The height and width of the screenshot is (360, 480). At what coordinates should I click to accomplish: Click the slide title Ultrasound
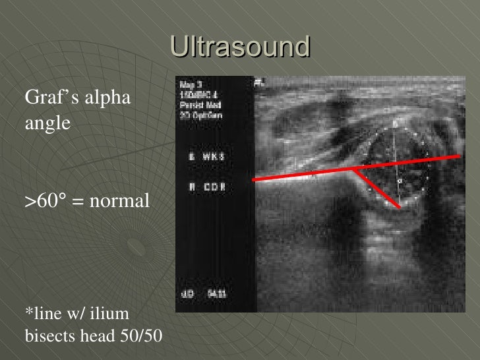pos(240,47)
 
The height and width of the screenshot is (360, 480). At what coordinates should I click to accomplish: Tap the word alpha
pos(107,98)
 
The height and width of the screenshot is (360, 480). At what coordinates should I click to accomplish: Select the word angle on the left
pos(47,123)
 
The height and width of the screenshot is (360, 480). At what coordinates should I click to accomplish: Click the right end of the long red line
pos(460,156)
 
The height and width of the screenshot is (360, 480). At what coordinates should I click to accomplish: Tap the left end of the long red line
pos(254,180)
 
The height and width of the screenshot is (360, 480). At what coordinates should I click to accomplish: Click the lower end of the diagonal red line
pos(400,208)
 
